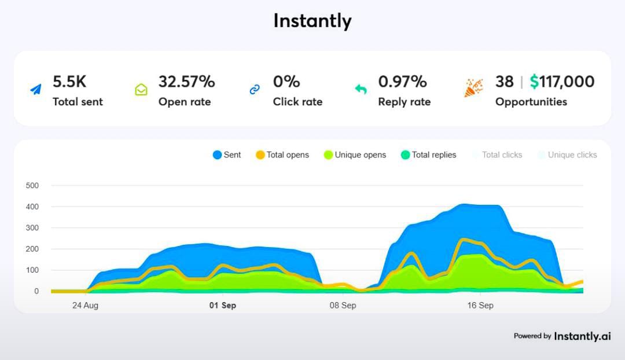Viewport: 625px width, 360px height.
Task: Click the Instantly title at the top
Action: [x=312, y=21]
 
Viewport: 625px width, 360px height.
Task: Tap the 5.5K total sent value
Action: [x=69, y=82]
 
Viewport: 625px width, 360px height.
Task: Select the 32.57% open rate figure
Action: [x=186, y=82]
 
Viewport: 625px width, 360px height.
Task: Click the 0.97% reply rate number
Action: [x=402, y=82]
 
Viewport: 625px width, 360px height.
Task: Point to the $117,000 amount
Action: [x=562, y=82]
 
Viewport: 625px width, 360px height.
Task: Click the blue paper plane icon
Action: [x=36, y=90]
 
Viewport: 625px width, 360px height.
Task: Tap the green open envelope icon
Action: [x=141, y=90]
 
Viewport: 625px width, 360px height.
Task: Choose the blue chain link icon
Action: [x=255, y=90]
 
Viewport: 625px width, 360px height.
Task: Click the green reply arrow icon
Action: [x=361, y=89]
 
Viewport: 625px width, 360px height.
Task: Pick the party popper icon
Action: [x=473, y=88]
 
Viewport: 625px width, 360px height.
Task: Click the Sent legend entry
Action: [x=227, y=155]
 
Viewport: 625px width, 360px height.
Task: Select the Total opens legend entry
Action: [x=282, y=155]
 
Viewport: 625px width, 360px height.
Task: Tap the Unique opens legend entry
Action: [x=355, y=155]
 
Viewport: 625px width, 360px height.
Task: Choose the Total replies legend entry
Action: [x=429, y=155]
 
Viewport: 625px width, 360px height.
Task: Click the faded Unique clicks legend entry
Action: [x=567, y=155]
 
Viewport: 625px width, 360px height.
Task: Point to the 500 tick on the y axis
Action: [x=32, y=186]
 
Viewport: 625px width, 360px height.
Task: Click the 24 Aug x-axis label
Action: [x=84, y=306]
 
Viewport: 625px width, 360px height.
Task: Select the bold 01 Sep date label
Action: [x=223, y=306]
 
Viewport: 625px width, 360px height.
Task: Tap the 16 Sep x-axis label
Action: [x=480, y=306]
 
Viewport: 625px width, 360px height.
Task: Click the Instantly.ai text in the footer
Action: [x=582, y=336]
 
